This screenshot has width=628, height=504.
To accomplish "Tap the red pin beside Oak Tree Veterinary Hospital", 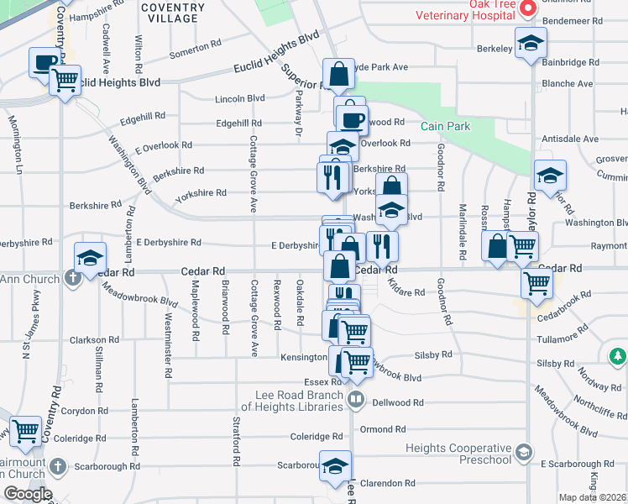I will pos(528,9).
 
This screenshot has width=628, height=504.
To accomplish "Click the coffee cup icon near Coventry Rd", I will pos(44,61).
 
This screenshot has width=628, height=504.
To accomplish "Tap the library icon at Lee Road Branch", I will pos(355,399).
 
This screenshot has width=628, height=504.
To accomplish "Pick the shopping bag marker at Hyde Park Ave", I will pos(338,76).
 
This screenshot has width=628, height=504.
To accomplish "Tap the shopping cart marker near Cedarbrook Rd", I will pos(536,284).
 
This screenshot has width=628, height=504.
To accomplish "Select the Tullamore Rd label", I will pos(563,338).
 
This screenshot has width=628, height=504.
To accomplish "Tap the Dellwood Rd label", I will pos(395,402).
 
